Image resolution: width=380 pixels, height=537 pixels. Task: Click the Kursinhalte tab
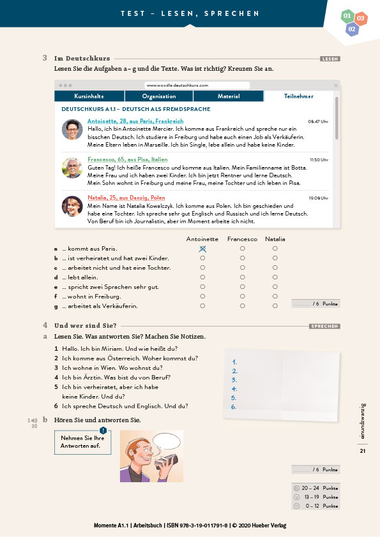point(89,96)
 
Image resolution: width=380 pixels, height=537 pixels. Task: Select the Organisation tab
point(159,96)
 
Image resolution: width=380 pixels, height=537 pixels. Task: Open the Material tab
point(229,96)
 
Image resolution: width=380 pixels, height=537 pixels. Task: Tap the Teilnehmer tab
point(298,96)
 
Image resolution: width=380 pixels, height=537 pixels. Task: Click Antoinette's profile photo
point(72,129)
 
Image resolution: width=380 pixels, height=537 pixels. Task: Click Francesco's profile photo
point(72,168)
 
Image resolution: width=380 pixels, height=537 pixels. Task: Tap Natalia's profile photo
point(72,206)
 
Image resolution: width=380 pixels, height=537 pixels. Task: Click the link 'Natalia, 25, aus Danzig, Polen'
point(126,198)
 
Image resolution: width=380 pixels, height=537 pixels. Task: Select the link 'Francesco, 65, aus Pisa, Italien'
point(128,159)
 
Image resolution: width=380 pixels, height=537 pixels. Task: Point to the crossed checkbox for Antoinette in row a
point(202,249)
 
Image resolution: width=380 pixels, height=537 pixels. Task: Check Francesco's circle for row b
point(243,258)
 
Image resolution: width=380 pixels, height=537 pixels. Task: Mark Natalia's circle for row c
point(275,267)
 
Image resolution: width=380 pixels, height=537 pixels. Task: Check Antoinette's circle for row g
point(202,306)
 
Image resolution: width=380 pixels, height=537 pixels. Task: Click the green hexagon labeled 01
point(347,16)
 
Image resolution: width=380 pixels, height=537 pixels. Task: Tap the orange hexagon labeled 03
point(360,18)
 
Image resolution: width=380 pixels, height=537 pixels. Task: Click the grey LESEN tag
point(330,59)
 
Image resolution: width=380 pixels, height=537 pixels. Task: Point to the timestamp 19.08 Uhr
point(318,198)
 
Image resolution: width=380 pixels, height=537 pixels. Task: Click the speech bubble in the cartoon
point(167,441)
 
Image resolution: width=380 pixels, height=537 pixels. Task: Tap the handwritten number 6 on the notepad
point(234,407)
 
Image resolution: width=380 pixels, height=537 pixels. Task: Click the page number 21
point(363,451)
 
